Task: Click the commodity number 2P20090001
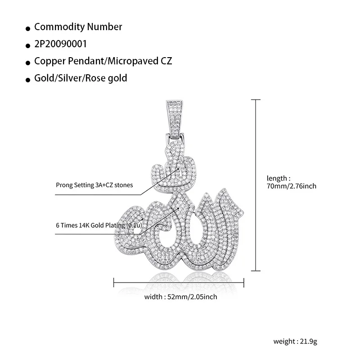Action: tap(60, 44)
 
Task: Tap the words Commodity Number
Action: tap(78, 27)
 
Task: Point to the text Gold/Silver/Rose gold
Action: tap(81, 78)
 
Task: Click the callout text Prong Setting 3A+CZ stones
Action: tap(94, 184)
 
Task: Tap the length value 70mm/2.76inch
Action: tap(291, 185)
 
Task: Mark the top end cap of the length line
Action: tap(256, 100)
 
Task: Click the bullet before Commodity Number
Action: tap(28, 28)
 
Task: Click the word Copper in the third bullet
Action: tap(48, 61)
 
